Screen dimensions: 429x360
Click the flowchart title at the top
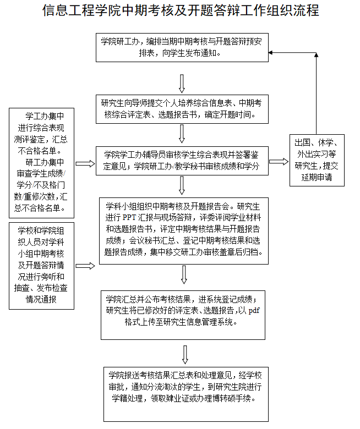(x=180, y=10)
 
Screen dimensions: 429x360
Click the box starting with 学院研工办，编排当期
(x=181, y=48)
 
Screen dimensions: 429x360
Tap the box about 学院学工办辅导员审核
(x=182, y=161)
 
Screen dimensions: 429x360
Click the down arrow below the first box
(x=182, y=82)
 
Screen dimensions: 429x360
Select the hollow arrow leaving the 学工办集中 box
(x=85, y=163)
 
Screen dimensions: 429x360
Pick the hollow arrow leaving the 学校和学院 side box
(x=85, y=266)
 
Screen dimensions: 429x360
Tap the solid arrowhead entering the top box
(x=271, y=52)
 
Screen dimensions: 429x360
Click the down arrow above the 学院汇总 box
(x=183, y=274)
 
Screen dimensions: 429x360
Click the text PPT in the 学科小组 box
(x=129, y=216)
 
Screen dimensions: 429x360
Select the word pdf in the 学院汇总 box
(x=254, y=310)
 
